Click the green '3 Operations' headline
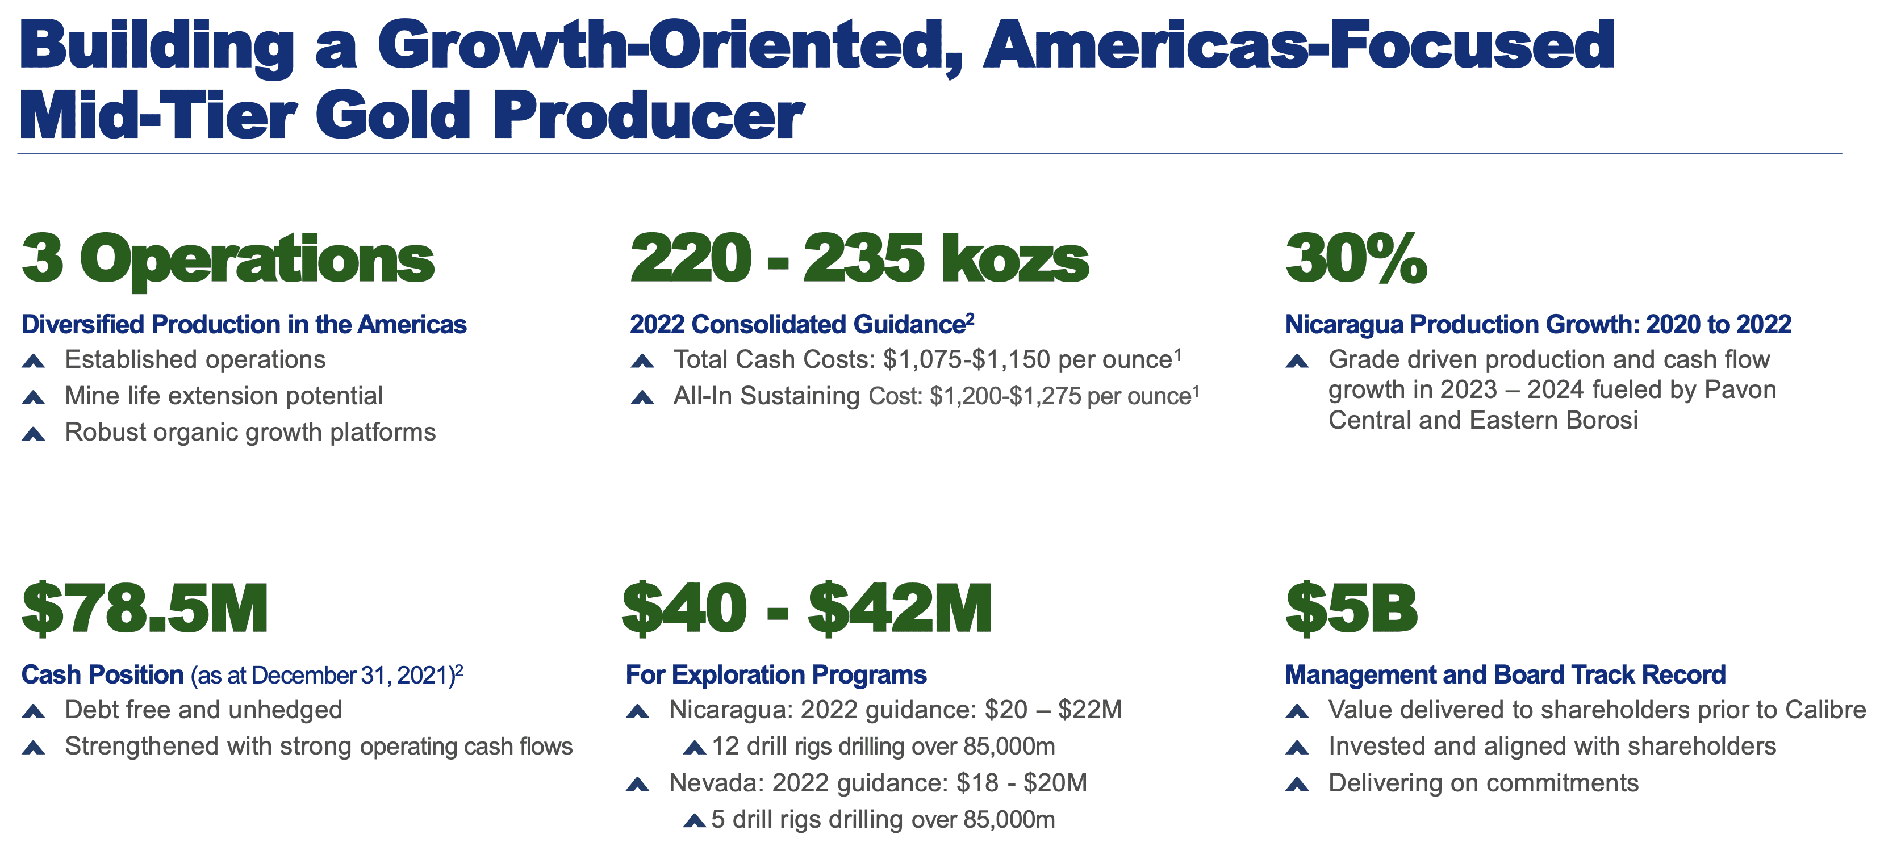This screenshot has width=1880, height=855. tap(228, 261)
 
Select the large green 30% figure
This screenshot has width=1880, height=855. tap(1356, 258)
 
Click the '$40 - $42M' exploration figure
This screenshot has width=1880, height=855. tap(807, 609)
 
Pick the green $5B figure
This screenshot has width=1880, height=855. tap(1351, 609)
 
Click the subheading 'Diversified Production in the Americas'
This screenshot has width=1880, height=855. tap(244, 325)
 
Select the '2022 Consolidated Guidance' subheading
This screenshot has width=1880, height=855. tap(797, 325)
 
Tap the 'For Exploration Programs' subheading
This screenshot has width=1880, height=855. tap(776, 675)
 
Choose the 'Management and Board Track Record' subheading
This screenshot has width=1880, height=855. tap(1505, 675)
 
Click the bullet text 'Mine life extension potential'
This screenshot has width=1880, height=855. tap(223, 396)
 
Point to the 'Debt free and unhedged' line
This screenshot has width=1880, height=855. tap(203, 710)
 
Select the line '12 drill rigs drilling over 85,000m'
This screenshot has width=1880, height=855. tap(883, 747)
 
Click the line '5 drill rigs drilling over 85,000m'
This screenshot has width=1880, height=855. tap(883, 819)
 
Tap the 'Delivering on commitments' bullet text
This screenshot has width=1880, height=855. tap(1483, 783)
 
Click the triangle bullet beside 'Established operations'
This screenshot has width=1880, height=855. tap(34, 361)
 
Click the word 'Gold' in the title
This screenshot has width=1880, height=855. tap(392, 115)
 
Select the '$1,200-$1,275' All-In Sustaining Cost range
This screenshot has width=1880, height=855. tap(1005, 396)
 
